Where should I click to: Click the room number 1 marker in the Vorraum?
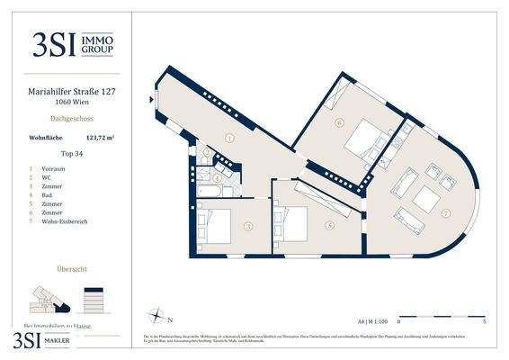230,139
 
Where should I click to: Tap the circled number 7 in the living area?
446,213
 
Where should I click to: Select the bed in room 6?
363,138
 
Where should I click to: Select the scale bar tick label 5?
484,321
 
